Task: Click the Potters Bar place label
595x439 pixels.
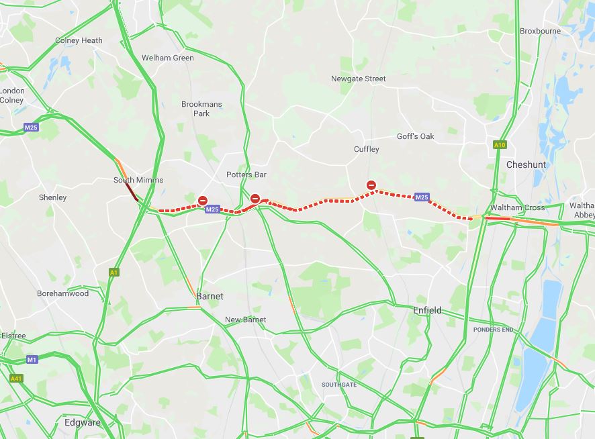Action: click(246, 175)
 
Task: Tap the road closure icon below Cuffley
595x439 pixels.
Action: click(371, 185)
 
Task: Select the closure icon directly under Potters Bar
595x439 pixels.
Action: click(255, 198)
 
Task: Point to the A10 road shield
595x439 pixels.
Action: click(499, 144)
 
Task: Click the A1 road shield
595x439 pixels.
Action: click(113, 272)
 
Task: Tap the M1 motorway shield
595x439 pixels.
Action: click(32, 360)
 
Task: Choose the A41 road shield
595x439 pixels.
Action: click(16, 379)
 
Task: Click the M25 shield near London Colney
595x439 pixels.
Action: click(31, 128)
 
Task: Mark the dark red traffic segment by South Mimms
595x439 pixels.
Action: click(132, 193)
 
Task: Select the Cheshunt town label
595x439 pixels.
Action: click(526, 164)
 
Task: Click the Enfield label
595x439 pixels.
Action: click(427, 310)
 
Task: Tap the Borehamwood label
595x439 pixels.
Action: click(62, 293)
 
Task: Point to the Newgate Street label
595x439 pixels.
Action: click(358, 79)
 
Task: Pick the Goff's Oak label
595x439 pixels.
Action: click(415, 136)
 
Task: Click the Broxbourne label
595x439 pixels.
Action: click(540, 31)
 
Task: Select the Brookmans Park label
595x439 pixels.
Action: click(201, 109)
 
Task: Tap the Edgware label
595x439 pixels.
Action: click(82, 423)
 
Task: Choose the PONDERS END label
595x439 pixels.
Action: click(493, 330)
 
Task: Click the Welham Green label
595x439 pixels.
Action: click(167, 58)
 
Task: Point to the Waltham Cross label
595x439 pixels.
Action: click(517, 207)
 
